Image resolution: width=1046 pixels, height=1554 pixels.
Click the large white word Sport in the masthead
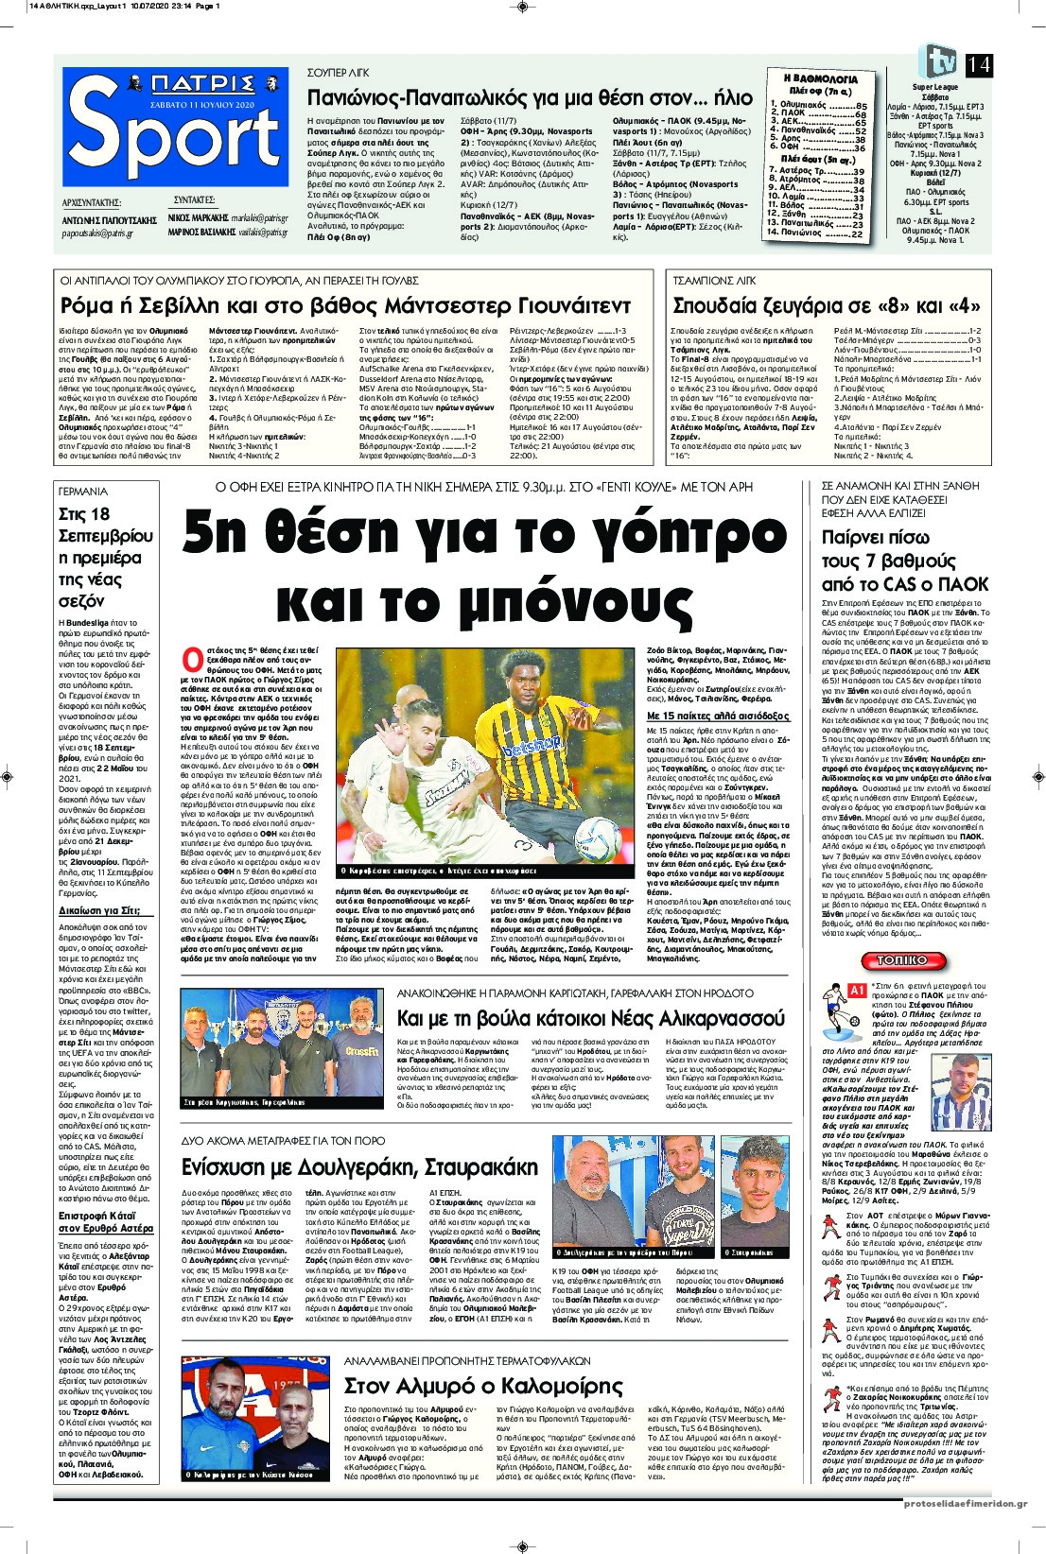tap(175, 140)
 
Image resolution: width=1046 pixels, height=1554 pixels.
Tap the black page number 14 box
tap(979, 65)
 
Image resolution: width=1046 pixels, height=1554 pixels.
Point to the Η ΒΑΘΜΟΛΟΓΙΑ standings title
tap(820, 79)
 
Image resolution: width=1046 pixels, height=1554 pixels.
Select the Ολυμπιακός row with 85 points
tap(818, 106)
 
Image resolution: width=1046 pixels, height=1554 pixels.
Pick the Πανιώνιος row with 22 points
tap(816, 233)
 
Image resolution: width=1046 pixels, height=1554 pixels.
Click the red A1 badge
tap(857, 990)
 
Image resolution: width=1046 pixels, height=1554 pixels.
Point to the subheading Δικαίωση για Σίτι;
tap(106, 910)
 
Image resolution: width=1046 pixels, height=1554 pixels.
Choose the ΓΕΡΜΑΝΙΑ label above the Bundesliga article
tap(83, 492)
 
